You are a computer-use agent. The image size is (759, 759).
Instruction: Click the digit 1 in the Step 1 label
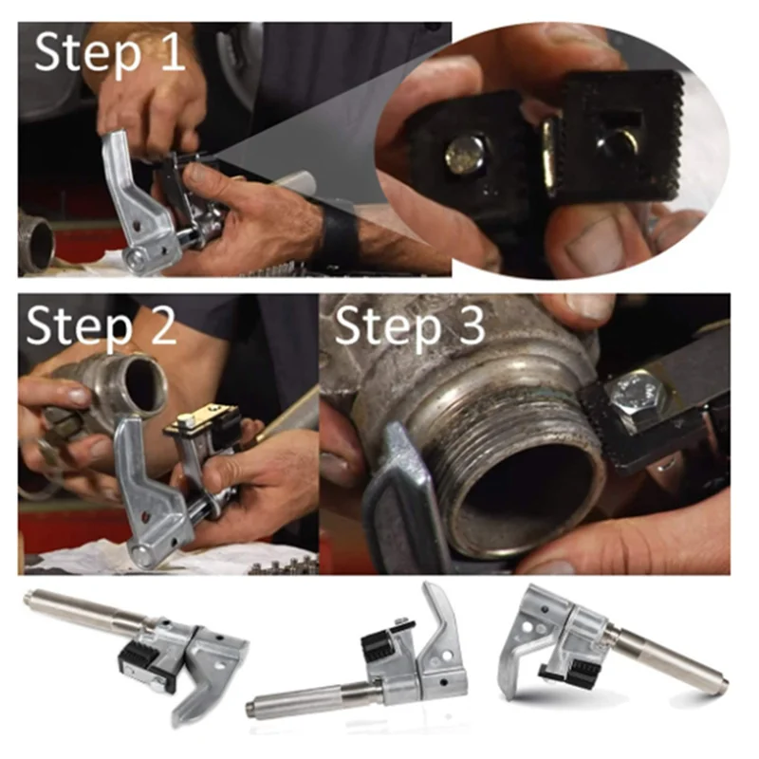tap(173, 53)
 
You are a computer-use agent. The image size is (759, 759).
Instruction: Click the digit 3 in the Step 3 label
tap(467, 326)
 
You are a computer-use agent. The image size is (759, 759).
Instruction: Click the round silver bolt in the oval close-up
tap(464, 155)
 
